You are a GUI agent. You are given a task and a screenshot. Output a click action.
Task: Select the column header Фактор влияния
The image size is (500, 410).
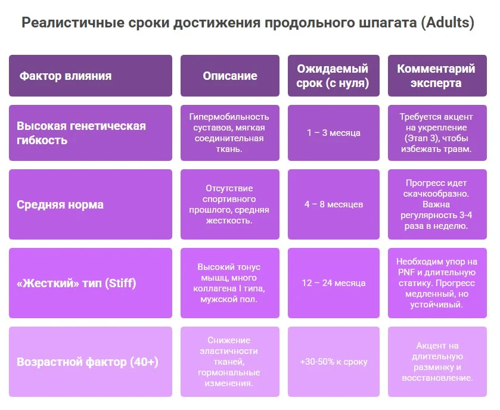tap(65, 76)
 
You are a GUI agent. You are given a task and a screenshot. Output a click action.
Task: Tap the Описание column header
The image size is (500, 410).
tap(230, 76)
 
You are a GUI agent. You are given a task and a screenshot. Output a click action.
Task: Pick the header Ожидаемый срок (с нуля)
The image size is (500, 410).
tap(333, 76)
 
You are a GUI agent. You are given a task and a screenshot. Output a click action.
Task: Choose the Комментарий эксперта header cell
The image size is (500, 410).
tap(436, 76)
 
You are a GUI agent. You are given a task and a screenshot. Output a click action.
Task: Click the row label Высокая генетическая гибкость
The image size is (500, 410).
tap(81, 133)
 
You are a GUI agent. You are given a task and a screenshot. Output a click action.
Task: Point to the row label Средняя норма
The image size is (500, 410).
tap(60, 204)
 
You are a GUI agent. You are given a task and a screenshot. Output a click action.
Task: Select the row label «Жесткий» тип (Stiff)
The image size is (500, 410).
tap(76, 282)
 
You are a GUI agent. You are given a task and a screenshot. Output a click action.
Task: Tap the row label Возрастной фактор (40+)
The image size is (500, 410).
tap(87, 362)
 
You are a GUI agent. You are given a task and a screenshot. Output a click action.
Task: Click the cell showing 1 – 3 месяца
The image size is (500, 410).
tap(334, 133)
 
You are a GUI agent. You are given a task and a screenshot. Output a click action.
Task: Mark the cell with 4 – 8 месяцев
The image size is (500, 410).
tap(334, 204)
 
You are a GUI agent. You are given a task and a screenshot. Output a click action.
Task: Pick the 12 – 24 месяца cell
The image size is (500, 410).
tap(334, 282)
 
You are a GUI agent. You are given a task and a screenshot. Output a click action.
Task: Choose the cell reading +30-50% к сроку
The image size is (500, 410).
tap(334, 362)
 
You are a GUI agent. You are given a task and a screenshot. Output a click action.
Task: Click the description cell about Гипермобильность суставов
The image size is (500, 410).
tap(229, 132)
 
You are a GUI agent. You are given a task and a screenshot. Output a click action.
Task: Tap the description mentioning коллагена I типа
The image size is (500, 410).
tap(229, 283)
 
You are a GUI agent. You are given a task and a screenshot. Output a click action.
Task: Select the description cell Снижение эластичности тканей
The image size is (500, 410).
tap(229, 362)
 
